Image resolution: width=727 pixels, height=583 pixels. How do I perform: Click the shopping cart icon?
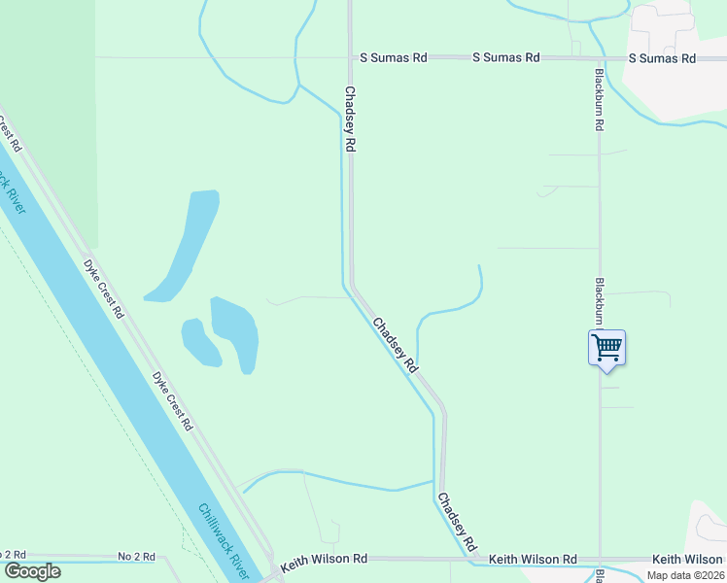click(606, 347)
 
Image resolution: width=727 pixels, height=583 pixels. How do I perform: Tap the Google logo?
click(32, 570)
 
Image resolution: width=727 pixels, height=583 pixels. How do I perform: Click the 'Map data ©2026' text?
click(684, 575)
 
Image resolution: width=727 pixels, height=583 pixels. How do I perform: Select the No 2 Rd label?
click(136, 557)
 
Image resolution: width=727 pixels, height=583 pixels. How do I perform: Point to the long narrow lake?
click(185, 245)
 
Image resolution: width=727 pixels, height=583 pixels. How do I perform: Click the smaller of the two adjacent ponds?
click(200, 342)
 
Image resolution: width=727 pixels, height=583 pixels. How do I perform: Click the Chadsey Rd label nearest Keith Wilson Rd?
click(456, 522)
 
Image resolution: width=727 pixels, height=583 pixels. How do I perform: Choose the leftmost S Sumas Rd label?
click(393, 58)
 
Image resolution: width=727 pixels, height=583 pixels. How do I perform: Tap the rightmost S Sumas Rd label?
click(661, 58)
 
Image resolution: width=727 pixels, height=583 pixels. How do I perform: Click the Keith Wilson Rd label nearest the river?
click(324, 560)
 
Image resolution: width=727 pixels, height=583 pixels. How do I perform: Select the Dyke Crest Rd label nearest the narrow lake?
click(103, 289)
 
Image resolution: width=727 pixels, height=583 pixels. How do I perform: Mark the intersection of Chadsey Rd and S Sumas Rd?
click(350, 58)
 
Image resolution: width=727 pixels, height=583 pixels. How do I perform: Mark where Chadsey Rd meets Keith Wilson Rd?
click(476, 560)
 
